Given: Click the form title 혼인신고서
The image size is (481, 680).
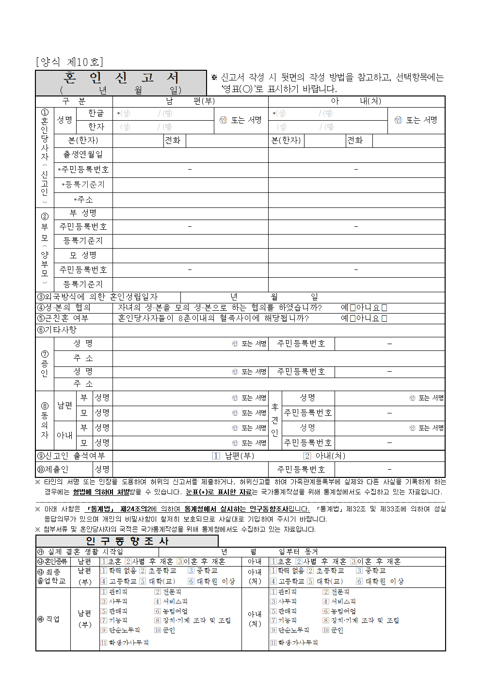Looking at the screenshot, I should [121, 78].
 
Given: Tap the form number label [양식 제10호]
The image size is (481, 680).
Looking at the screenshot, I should [69, 62].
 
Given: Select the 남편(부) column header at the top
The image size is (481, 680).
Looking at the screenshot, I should [190, 101].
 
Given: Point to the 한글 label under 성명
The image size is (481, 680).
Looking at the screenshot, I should [96, 113].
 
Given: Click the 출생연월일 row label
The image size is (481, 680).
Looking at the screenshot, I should [83, 155].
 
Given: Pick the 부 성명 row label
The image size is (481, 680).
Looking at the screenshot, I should [83, 213].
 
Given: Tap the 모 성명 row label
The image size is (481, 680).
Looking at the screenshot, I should [83, 255].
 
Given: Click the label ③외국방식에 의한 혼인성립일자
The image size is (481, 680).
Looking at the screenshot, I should [97, 297].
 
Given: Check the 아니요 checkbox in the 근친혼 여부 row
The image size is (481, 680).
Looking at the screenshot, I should [384, 318].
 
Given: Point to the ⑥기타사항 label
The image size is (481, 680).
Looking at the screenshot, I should [57, 330].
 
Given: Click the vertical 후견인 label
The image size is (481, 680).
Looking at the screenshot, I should [275, 420].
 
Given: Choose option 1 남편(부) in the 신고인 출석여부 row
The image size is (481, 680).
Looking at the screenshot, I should [216, 456].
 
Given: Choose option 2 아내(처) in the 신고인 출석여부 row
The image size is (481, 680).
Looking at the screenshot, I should [307, 456].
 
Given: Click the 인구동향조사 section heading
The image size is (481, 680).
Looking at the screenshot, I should [127, 541].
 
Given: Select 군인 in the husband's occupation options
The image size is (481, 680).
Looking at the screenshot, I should [165, 630].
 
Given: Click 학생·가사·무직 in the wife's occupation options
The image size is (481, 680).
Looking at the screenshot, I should [294, 643].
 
